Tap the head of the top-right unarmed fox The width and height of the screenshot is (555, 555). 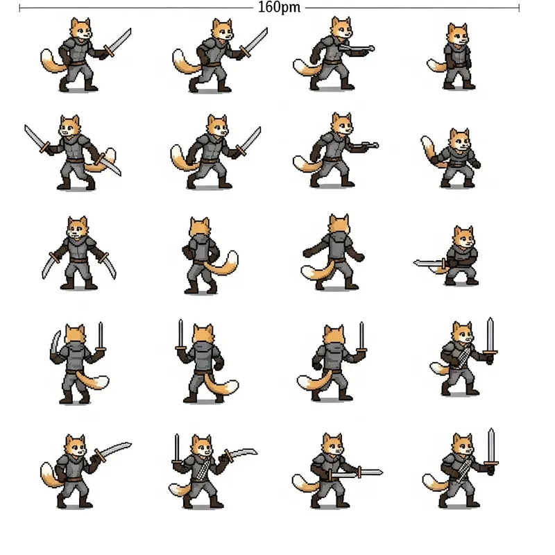coord(457,33)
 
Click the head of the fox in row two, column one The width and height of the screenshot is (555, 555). coord(69,128)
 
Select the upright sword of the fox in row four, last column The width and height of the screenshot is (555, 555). coord(490,336)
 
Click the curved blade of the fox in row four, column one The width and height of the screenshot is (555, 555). coord(55,343)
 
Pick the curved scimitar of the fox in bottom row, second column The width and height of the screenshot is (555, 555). coord(239,454)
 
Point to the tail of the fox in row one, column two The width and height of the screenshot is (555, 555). coord(182,61)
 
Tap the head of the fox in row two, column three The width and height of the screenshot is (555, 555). coord(341,123)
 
